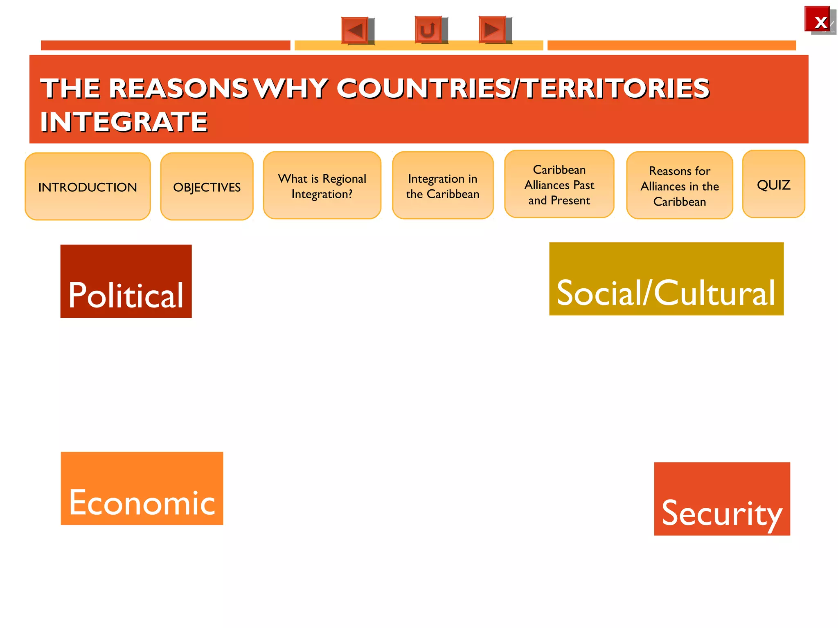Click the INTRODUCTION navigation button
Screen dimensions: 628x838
[x=88, y=186]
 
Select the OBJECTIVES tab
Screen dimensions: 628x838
[x=207, y=186]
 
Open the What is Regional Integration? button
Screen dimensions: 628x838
[x=322, y=186]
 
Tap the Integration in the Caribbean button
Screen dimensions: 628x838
[x=442, y=186]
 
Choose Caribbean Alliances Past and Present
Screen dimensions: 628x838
[x=559, y=184]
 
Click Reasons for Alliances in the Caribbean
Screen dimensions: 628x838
[x=679, y=186]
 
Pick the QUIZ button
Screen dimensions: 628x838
[x=773, y=184]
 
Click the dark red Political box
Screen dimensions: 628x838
[x=126, y=281]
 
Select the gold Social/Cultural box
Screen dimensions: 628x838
[x=666, y=279]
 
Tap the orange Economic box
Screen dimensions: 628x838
[x=142, y=488]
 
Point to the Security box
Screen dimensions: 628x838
[x=722, y=499]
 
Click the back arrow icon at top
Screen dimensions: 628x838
[x=355, y=30]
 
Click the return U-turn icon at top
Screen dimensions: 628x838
[x=428, y=30]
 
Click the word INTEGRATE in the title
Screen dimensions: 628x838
[x=124, y=122]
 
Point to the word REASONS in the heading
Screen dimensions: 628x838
[x=178, y=88]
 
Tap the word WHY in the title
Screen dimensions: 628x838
[x=292, y=88]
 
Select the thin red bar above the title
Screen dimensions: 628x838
[x=165, y=45]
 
